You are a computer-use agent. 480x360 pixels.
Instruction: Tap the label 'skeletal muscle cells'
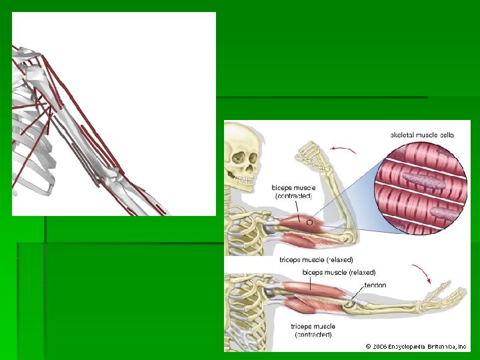click(x=422, y=135)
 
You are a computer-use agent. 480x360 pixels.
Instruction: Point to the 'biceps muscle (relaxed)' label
click(x=339, y=272)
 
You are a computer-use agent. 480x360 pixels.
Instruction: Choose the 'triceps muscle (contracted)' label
click(x=312, y=329)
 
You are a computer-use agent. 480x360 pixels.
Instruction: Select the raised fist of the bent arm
click(x=312, y=153)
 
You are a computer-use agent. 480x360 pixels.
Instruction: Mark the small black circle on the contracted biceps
click(x=309, y=221)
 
